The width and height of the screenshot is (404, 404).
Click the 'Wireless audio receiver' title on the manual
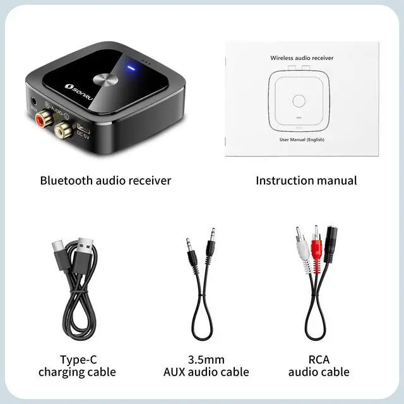pyautogui.click(x=302, y=57)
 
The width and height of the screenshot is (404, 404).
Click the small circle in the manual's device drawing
pyautogui.click(x=299, y=99)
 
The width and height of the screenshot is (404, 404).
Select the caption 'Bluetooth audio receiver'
pyautogui.click(x=105, y=181)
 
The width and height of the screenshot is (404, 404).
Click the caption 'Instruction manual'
pyautogui.click(x=306, y=181)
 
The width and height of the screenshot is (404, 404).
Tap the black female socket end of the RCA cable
pyautogui.click(x=331, y=243)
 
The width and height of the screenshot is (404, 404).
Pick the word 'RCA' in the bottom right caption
pyautogui.click(x=319, y=359)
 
